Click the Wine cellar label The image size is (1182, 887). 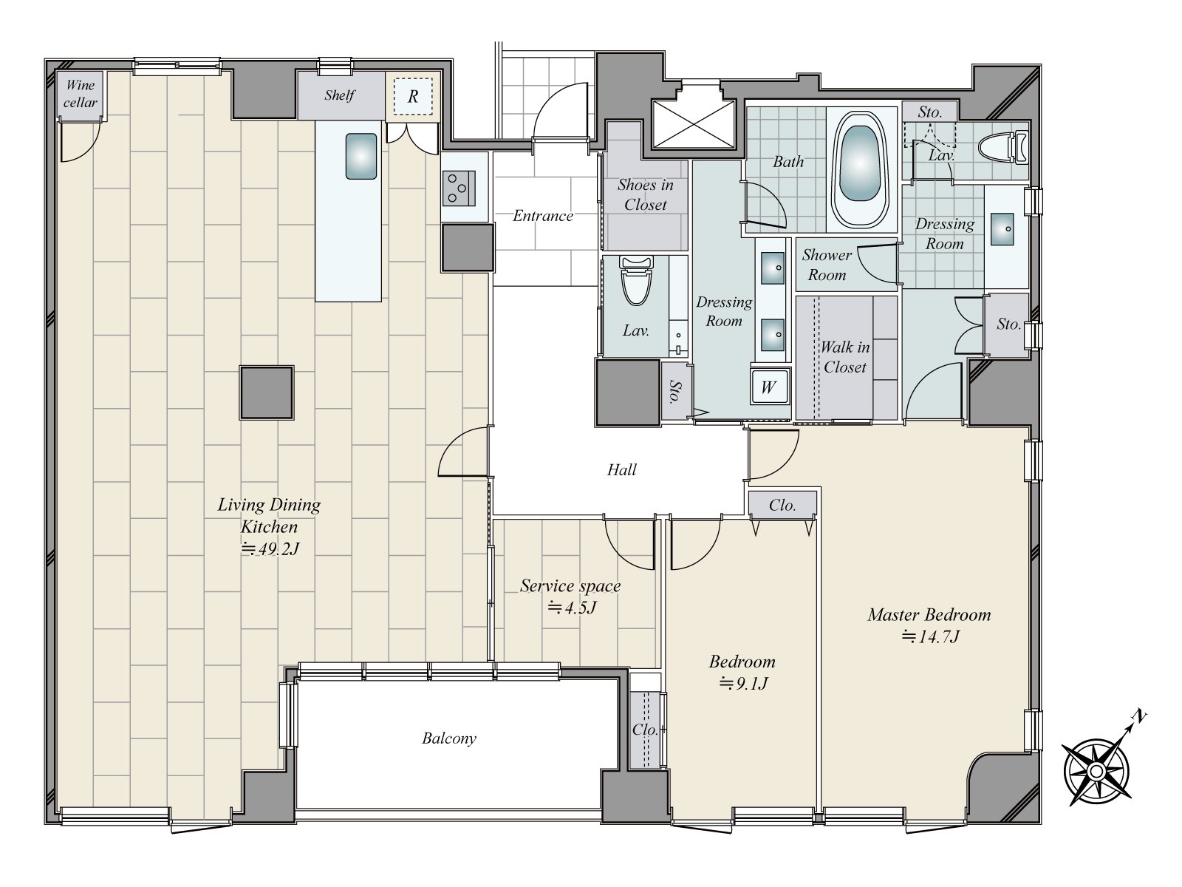pos(81,94)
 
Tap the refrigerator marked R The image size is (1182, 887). pos(412,96)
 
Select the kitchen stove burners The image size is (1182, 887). pos(459,188)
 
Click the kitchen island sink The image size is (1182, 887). pos(361,156)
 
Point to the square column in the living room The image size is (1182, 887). pos(267,392)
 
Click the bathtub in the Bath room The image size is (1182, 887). pos(859,163)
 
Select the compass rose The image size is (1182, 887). pos(1096,771)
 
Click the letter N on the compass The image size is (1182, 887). pos(1139,716)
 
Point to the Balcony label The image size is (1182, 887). pos(449,738)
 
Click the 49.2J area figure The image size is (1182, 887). pos(269,548)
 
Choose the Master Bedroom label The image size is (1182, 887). pos(929,614)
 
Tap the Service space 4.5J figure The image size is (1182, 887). pos(572,608)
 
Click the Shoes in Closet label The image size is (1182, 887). pos(645,194)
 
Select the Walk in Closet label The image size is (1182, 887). pos(844,357)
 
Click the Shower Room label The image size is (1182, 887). pos(827,265)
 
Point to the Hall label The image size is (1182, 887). pos(621,469)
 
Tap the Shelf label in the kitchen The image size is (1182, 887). pos(339,95)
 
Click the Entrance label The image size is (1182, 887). pos(543,215)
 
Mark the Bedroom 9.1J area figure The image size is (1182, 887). pos(743,684)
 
